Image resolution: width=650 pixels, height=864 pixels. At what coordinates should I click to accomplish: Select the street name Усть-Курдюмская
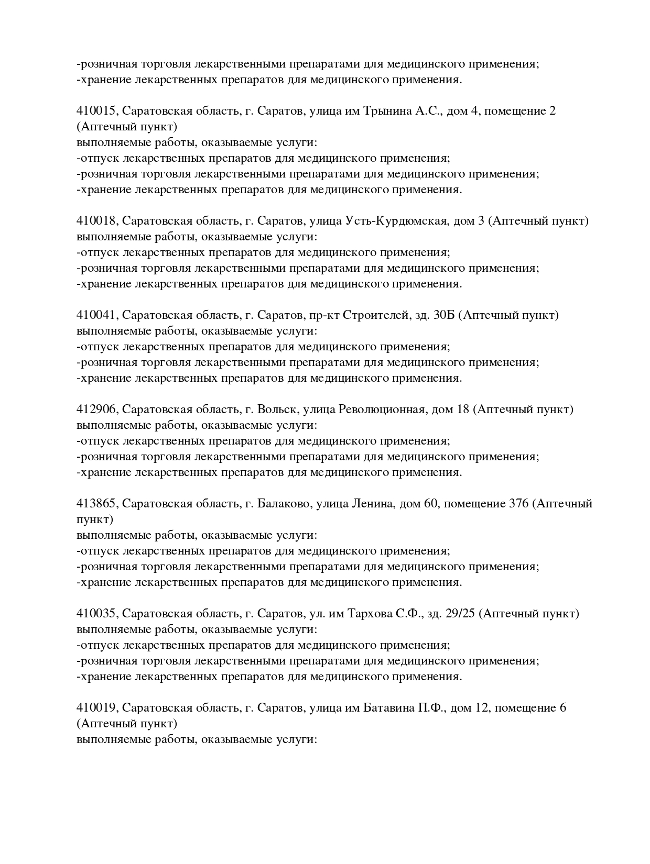396,221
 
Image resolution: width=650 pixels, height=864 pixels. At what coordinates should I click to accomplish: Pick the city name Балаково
282,504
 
